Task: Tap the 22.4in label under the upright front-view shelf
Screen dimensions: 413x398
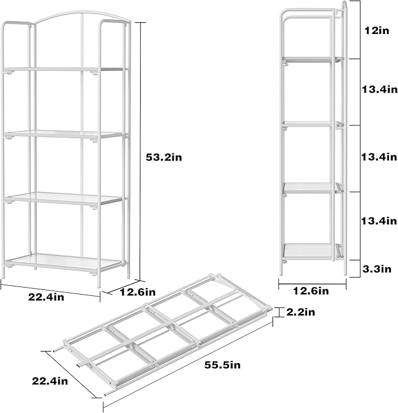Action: [46, 297]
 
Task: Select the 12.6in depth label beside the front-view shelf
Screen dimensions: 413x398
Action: [138, 291]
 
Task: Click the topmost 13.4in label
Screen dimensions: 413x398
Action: [379, 90]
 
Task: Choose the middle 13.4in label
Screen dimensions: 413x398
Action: [379, 157]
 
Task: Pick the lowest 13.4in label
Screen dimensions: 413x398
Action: [379, 221]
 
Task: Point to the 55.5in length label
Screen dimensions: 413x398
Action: [223, 365]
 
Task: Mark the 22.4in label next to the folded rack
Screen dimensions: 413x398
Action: [49, 381]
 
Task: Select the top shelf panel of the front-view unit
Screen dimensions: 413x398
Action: [64, 70]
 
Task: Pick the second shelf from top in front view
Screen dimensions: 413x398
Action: [64, 135]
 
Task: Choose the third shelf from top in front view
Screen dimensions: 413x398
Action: [64, 198]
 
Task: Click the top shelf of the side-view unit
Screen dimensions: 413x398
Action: [311, 59]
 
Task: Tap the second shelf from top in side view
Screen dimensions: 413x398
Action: [310, 124]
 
